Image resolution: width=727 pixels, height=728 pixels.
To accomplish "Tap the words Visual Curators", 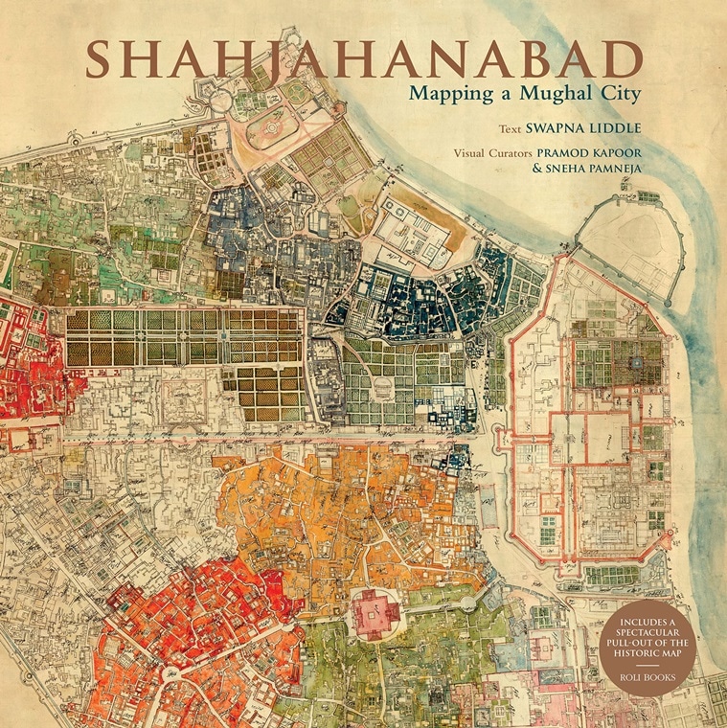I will point(489,151).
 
